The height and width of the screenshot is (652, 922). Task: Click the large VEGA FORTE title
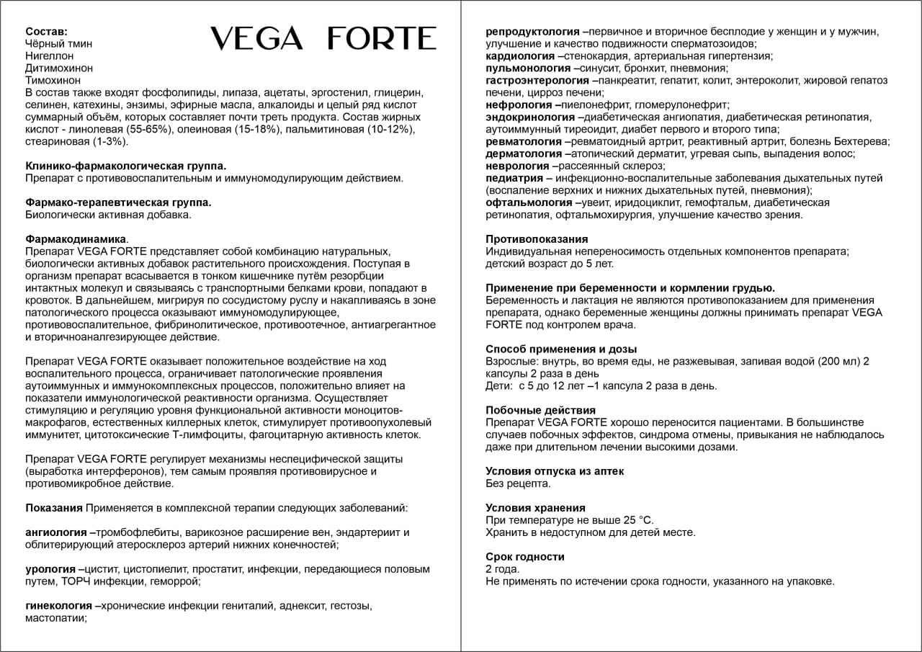pyautogui.click(x=323, y=39)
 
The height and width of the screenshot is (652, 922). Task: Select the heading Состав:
pyautogui.click(x=47, y=32)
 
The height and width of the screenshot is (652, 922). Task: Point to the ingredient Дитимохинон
pyautogui.click(x=59, y=68)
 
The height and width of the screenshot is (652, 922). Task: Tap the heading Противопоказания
pyautogui.click(x=537, y=239)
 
